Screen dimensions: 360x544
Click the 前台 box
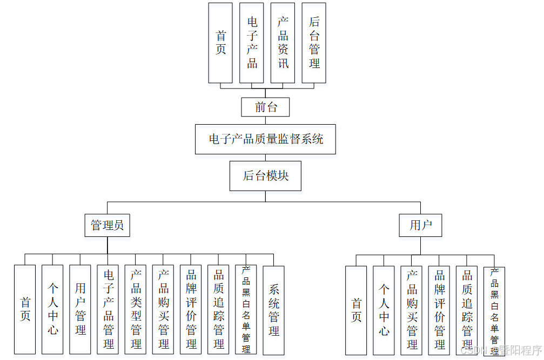point(265,107)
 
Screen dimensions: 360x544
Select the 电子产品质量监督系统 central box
point(266,139)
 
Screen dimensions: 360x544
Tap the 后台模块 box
point(265,175)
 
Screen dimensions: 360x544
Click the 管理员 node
point(107,225)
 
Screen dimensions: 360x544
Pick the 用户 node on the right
point(420,225)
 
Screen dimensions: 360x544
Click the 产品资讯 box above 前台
point(283,43)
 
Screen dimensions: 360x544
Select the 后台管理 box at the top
point(314,43)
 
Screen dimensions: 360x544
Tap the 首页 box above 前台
point(220,43)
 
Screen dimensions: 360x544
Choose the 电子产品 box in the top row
point(252,43)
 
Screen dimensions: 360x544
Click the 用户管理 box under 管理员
point(80,309)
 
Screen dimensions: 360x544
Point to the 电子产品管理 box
point(108,309)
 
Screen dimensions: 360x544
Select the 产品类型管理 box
point(135,309)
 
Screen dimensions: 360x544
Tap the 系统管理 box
point(273,309)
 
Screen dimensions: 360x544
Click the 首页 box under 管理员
point(25,309)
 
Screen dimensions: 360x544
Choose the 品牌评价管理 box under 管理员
point(191,309)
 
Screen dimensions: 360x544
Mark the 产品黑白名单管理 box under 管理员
point(246,309)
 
